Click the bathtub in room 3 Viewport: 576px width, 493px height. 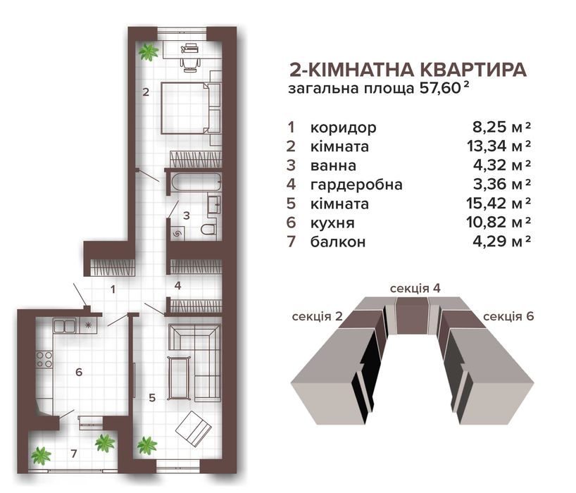196,182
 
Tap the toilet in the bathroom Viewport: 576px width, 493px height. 208,229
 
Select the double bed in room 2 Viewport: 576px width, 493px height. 191,108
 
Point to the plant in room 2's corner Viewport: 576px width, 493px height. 148,52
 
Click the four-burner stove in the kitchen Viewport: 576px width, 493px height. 44,359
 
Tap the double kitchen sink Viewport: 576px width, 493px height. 64,325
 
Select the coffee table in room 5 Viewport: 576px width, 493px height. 179,377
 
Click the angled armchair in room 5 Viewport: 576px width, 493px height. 194,428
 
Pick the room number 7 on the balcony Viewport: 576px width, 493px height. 74,454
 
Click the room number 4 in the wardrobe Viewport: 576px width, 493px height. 177,285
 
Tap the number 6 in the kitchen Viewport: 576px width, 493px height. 79,372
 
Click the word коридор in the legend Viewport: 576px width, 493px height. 343,128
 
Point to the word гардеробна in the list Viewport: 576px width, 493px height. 356,185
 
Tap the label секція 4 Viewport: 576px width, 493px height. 415,288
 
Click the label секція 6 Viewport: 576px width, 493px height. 508,316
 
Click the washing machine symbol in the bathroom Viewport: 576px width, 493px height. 177,233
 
